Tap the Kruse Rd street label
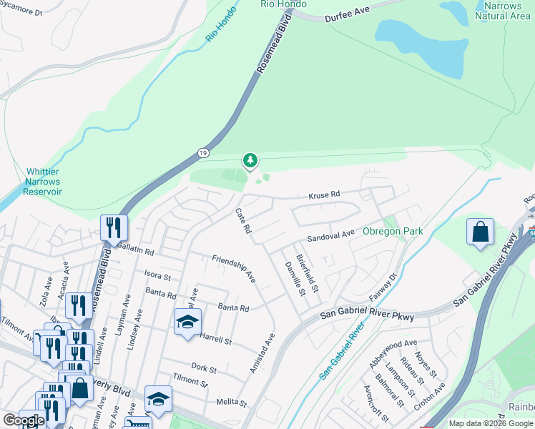[323, 194]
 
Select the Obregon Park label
[393, 231]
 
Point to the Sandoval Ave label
[331, 235]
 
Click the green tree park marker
[250, 161]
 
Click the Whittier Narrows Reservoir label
[44, 182]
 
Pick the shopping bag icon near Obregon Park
[480, 233]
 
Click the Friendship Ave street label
[233, 267]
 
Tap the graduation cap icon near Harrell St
[187, 322]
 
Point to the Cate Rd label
[244, 221]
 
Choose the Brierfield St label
[307, 272]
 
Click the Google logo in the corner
[24, 420]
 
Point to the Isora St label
[157, 276]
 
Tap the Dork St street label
[205, 368]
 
